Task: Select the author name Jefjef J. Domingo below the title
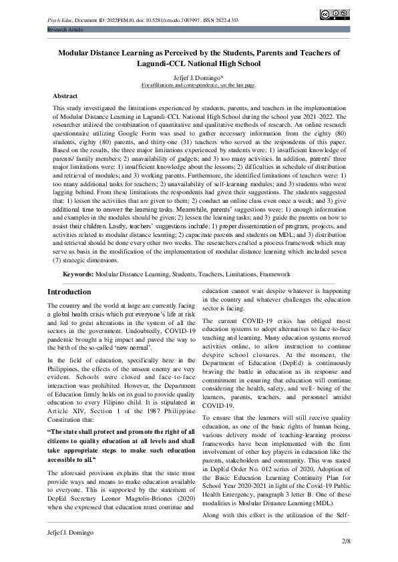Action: pyautogui.click(x=198, y=77)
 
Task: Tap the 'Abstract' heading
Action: pyautogui.click(x=65, y=96)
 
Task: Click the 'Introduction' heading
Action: pyautogui.click(x=69, y=292)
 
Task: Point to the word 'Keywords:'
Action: pyautogui.click(x=78, y=274)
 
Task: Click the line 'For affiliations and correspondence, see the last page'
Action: pyautogui.click(x=198, y=85)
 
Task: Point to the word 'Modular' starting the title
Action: pyautogui.click(x=75, y=52)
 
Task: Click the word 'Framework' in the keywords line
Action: pyautogui.click(x=274, y=274)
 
